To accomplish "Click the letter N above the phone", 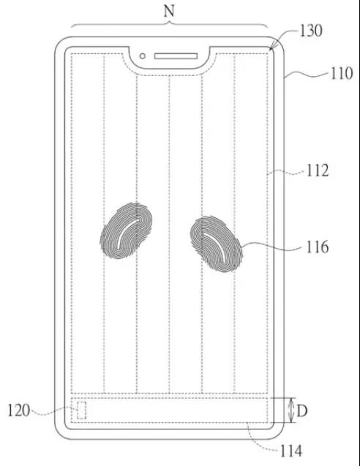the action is pos(169,11).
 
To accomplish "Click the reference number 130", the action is pos(311,31).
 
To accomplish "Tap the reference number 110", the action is pos(342,73).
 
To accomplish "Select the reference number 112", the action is pos(318,170).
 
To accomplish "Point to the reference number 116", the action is pos(318,247).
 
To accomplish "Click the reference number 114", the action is pos(291,451).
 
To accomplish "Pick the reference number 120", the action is pos(19,410).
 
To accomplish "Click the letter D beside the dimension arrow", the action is pos(302,411).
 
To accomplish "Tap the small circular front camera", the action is pos(143,56).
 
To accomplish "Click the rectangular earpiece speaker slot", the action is pos(176,56).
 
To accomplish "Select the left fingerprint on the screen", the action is pos(127,230).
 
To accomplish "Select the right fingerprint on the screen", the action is pos(217,244).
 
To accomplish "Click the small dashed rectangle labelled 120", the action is pos(82,410).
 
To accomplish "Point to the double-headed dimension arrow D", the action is pos(292,410).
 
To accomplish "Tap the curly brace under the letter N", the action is pos(170,23).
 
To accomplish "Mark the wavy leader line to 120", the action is pos(53,411).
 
